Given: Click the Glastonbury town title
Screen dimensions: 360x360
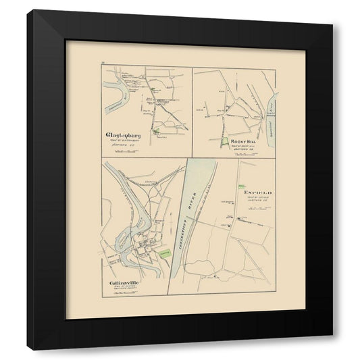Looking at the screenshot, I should (x=127, y=134).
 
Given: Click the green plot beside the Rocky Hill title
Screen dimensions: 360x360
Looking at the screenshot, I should (x=224, y=142).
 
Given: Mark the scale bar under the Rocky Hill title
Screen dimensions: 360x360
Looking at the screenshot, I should (x=245, y=155).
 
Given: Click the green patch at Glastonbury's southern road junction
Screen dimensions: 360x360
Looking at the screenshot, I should (x=157, y=132).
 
